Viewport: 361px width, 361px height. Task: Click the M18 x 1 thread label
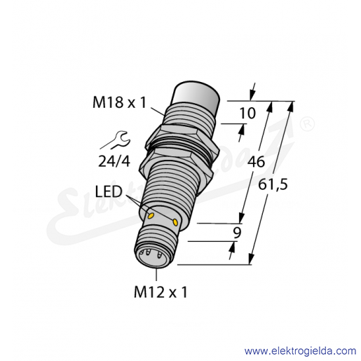(119, 102)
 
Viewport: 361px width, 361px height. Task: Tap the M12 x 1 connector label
(161, 292)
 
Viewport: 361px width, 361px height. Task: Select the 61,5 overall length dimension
(273, 186)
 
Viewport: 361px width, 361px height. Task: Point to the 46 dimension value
(257, 161)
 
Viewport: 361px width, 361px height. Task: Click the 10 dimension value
(247, 114)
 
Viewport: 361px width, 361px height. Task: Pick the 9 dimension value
(237, 233)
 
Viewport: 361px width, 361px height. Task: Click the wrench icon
(115, 140)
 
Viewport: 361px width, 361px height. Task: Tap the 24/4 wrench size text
(114, 161)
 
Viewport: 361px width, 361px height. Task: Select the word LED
(109, 191)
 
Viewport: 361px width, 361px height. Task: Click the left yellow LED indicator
(151, 215)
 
